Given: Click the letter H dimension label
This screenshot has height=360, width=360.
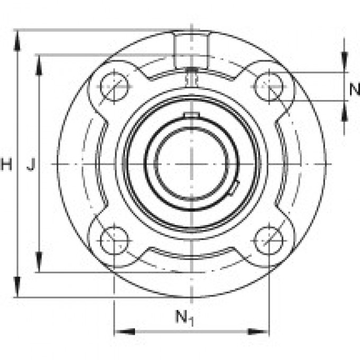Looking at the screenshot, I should coord(6,165).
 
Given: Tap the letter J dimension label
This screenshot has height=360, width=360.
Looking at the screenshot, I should coord(31,165).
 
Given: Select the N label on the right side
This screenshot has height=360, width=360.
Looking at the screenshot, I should coord(354,89).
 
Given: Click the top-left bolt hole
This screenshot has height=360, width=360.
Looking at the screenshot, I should coord(114,86).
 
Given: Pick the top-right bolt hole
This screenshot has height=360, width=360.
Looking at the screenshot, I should coord(268,86).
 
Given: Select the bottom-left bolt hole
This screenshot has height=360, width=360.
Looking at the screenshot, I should coord(114,241).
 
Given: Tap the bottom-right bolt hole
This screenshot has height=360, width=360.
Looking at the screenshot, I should coord(268,241).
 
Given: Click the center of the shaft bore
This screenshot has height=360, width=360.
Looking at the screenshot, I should coord(191,164).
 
